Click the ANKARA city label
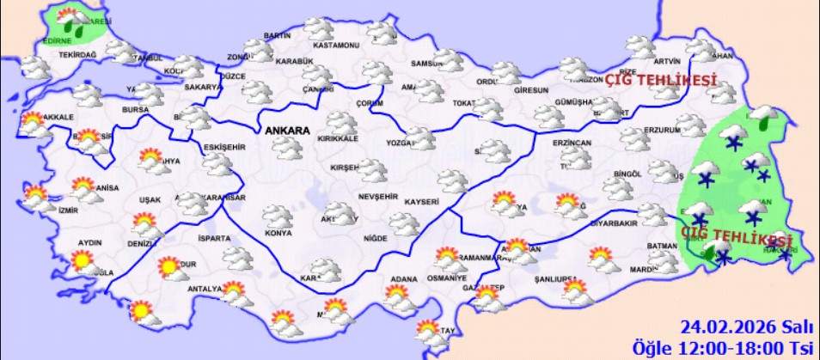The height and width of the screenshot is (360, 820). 287,130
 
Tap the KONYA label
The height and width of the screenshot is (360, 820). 277,233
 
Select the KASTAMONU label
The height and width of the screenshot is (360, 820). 336,45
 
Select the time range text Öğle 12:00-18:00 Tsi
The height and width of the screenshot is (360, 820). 723,347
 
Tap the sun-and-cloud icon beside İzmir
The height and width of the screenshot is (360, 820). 37,198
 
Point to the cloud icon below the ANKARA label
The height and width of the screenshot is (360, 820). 287,149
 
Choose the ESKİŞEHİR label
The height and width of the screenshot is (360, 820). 225,146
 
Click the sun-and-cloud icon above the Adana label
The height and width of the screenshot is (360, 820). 397,296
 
